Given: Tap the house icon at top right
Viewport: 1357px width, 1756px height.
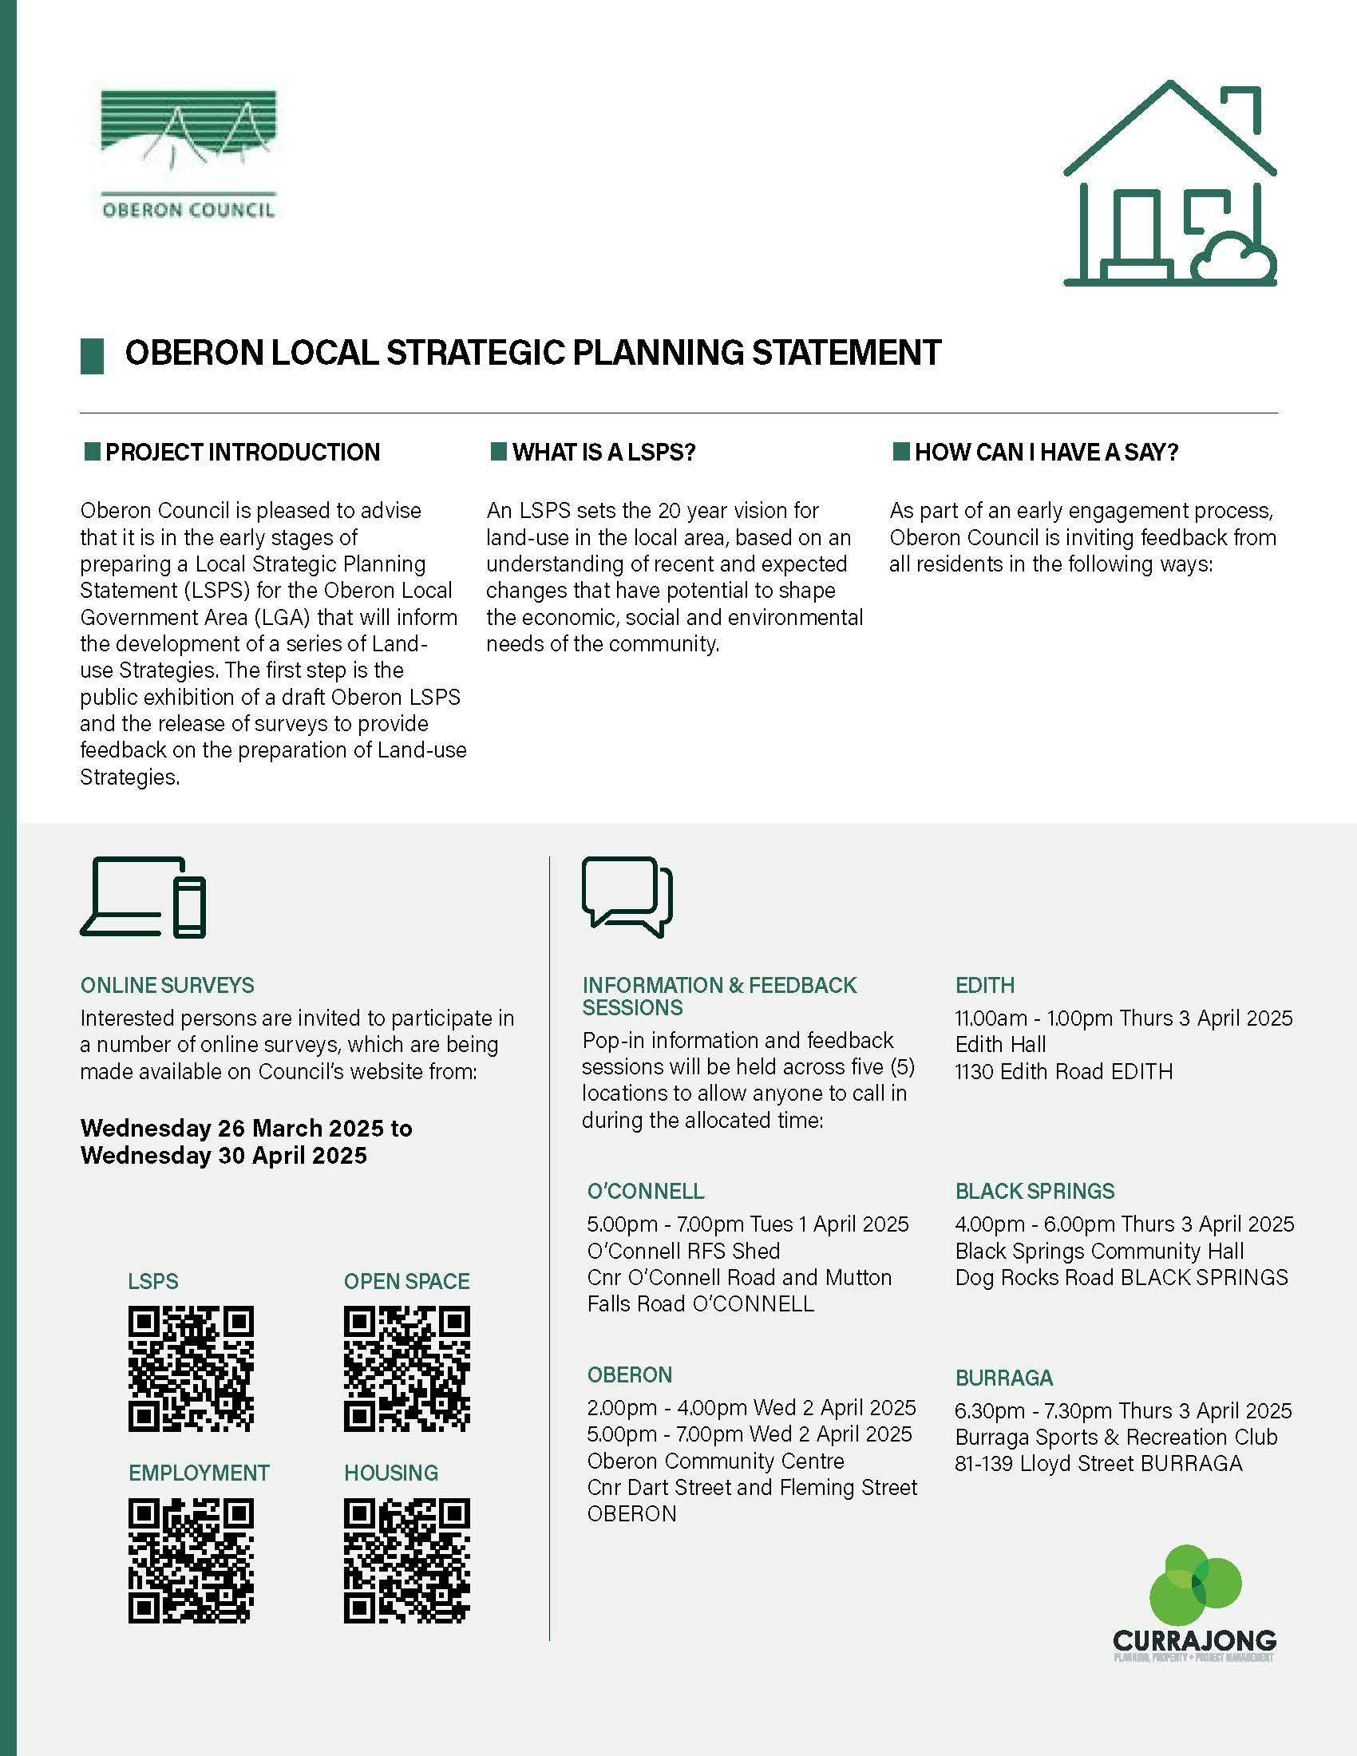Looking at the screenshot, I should pyautogui.click(x=1169, y=184).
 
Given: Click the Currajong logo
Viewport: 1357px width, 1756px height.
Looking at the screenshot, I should pyautogui.click(x=1195, y=1604).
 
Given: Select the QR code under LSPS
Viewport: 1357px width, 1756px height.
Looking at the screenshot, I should pyautogui.click(x=191, y=1367).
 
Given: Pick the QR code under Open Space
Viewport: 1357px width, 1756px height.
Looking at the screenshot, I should pyautogui.click(x=407, y=1367).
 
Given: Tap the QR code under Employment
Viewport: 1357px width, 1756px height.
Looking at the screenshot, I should pyautogui.click(x=191, y=1560).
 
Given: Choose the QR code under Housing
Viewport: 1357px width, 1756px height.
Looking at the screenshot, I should pyautogui.click(x=407, y=1560).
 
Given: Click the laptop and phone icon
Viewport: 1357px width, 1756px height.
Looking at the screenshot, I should pyautogui.click(x=143, y=897).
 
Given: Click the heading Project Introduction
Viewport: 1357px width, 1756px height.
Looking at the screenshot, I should pyautogui.click(x=242, y=452).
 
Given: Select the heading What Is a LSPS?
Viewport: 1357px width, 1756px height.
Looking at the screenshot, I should pyautogui.click(x=603, y=452).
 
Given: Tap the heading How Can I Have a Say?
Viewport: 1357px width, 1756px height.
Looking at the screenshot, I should pyautogui.click(x=1046, y=452).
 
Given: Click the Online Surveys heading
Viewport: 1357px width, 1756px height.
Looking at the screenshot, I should pyautogui.click(x=167, y=985).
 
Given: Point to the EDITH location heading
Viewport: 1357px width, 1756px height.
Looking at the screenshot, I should pyautogui.click(x=985, y=985).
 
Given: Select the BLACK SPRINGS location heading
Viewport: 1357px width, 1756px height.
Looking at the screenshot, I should pyautogui.click(x=1035, y=1191).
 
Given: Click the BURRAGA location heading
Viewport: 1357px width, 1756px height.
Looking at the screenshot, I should pyautogui.click(x=1004, y=1378).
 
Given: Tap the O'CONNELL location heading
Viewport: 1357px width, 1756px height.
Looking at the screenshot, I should pyautogui.click(x=646, y=1191).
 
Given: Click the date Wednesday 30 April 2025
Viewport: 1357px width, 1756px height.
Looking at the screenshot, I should pyautogui.click(x=224, y=1156).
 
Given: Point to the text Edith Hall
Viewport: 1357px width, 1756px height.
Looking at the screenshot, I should pyautogui.click(x=1001, y=1045).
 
